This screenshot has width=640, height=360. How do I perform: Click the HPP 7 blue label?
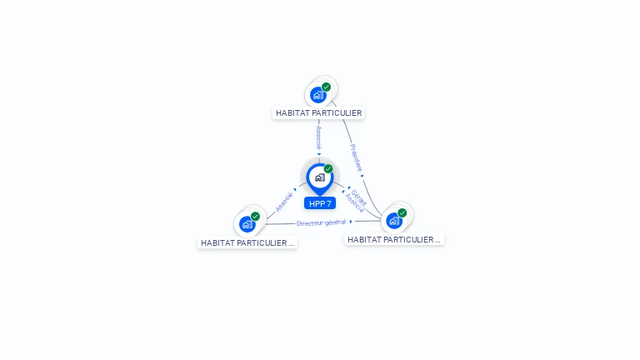[x=320, y=203]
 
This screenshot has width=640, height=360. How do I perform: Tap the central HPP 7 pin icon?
[x=319, y=177]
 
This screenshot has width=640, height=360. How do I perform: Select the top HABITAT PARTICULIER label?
[x=318, y=112]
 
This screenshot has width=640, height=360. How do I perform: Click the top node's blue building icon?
[x=318, y=95]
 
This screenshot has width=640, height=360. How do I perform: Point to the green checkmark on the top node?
[x=326, y=87]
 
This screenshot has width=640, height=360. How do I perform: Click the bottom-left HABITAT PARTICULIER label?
[x=247, y=242]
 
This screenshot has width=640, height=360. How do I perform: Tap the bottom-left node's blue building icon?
[x=247, y=224]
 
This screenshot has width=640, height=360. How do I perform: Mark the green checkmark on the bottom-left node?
[x=255, y=217]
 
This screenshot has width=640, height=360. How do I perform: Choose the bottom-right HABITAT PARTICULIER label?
[x=394, y=239]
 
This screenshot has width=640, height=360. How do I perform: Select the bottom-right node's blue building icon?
[x=394, y=221]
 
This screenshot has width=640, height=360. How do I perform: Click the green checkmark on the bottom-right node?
[x=402, y=213]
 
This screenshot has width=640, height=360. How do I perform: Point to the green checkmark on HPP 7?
[x=328, y=169]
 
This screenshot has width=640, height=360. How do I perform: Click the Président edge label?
[x=356, y=157]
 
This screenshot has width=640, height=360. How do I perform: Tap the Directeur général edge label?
[x=321, y=222]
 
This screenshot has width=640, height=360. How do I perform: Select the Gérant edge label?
[x=358, y=197]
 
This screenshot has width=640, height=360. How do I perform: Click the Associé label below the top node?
[x=318, y=137]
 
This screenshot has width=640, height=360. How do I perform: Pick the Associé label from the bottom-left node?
[x=284, y=202]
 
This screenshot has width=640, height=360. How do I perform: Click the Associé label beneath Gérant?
[x=353, y=203]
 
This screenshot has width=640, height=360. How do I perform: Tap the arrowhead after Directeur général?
[x=351, y=222]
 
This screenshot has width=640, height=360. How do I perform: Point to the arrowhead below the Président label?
[x=362, y=175]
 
